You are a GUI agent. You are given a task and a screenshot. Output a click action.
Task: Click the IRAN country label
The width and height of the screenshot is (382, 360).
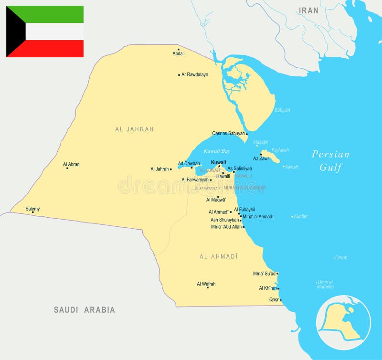click(x=308, y=10)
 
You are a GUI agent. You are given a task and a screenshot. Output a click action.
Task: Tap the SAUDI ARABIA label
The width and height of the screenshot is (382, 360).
click(x=84, y=310)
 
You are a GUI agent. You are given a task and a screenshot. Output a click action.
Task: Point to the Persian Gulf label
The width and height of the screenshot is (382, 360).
click(x=330, y=160)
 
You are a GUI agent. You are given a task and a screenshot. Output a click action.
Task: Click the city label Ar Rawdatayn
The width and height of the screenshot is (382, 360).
click(x=195, y=74)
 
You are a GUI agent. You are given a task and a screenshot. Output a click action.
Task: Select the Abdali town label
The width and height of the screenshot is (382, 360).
click(x=179, y=53)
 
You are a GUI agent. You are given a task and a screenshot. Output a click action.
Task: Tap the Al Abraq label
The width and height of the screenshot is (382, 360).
click(x=71, y=164)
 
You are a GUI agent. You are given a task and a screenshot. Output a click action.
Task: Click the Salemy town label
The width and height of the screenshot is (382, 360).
click(x=32, y=209)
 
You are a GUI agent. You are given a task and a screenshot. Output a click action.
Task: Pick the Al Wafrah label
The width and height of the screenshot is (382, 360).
click(x=206, y=284)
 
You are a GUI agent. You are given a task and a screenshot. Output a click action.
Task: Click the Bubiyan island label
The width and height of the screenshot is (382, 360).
click(x=282, y=110)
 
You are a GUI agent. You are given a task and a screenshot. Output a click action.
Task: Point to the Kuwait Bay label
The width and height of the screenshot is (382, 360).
click(x=217, y=151)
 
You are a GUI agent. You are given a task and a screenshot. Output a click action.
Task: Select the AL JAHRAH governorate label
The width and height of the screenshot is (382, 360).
click(x=134, y=129)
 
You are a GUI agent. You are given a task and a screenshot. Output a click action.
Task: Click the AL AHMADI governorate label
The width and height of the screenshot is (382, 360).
click(x=218, y=256)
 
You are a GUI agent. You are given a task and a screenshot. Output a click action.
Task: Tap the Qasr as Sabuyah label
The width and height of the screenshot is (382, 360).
click(x=228, y=133)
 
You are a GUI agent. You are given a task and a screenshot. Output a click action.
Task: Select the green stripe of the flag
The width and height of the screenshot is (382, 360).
click(x=53, y=14)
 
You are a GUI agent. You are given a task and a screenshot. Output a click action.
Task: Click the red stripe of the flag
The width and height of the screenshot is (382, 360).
click(x=53, y=49)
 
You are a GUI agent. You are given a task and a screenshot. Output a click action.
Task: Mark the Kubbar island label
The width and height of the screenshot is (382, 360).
click(x=301, y=216)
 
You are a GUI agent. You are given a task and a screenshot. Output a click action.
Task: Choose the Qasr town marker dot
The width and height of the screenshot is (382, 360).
click(x=281, y=300)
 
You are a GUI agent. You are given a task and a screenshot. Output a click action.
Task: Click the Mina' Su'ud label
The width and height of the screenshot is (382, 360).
click(x=264, y=274)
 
